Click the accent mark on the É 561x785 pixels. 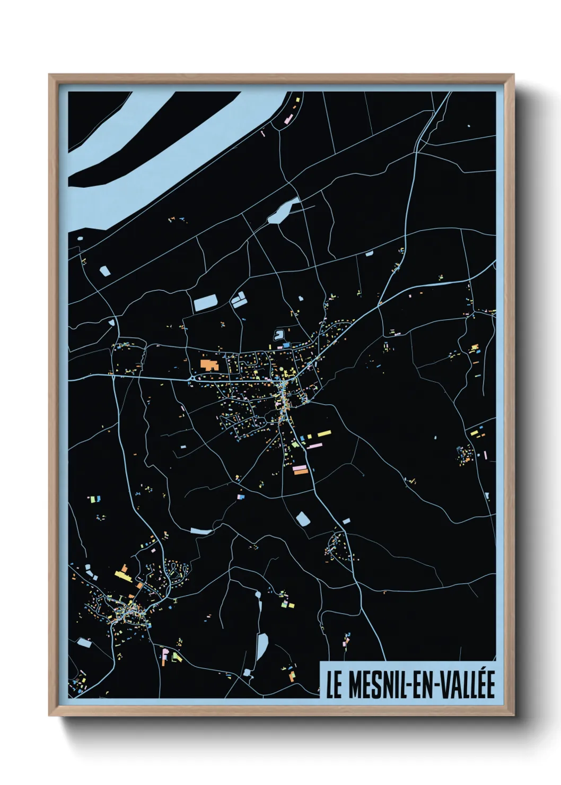click(x=489, y=673)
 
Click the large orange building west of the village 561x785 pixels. click(x=209, y=365)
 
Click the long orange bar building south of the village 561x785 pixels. click(x=300, y=469)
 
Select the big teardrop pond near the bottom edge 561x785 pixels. click(x=261, y=646)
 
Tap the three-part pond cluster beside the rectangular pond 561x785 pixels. click(x=238, y=301)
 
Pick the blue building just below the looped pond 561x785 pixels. click(x=286, y=345)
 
